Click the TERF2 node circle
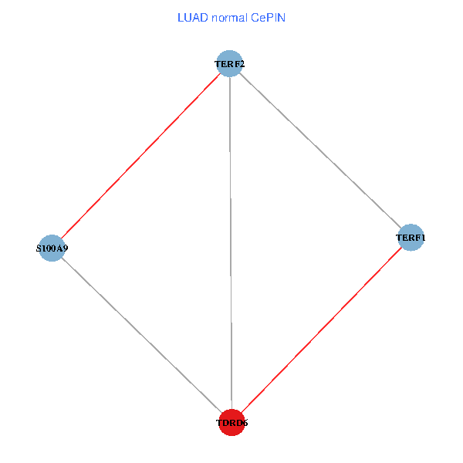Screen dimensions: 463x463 (229, 63)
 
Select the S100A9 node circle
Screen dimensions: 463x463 (51, 248)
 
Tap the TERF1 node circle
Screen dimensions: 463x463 (411, 238)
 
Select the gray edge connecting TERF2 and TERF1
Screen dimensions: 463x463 (320, 150)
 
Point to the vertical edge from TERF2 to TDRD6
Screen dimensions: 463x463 (231, 243)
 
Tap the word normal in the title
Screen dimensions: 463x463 (228, 17)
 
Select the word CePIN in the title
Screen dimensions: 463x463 (268, 17)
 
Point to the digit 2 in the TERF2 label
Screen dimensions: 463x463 (242, 63)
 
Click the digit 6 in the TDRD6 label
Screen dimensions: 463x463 (245, 423)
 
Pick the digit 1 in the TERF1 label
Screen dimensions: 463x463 (422, 238)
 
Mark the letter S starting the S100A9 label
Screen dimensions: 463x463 (38, 248)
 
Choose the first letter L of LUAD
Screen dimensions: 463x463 (180, 17)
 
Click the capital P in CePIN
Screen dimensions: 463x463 (269, 17)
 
